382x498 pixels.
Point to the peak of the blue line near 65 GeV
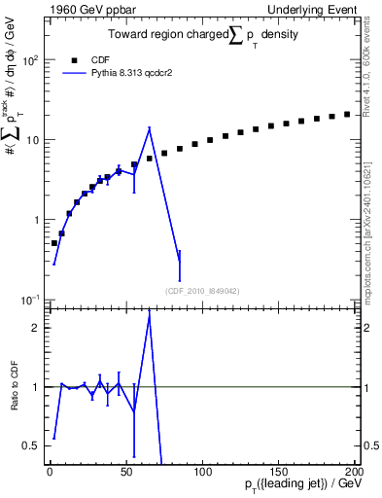pos(149,128)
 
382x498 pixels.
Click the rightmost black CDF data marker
pos(347,114)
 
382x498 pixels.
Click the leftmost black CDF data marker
pos(54,243)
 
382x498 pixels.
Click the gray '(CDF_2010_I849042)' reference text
pos(202,290)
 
